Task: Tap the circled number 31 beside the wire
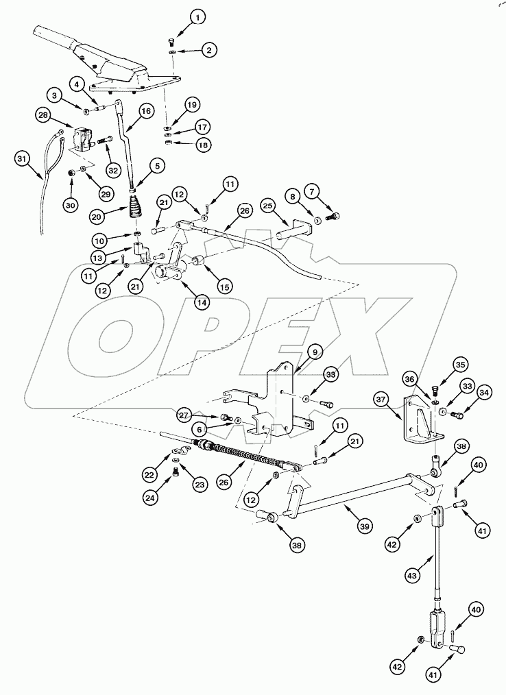23,159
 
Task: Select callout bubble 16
145,110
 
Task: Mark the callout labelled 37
382,398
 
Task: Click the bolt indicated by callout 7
333,217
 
